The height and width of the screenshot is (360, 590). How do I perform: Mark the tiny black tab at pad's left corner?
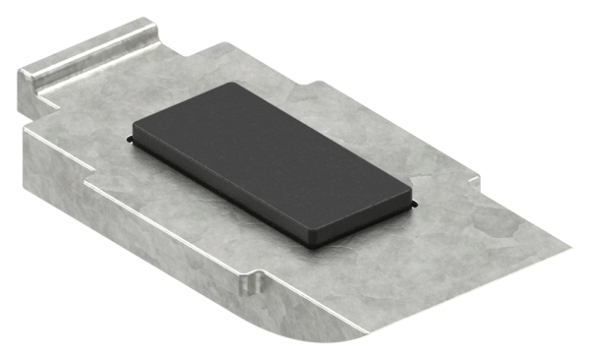130,141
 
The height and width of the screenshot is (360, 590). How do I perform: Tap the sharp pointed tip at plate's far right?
575,244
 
